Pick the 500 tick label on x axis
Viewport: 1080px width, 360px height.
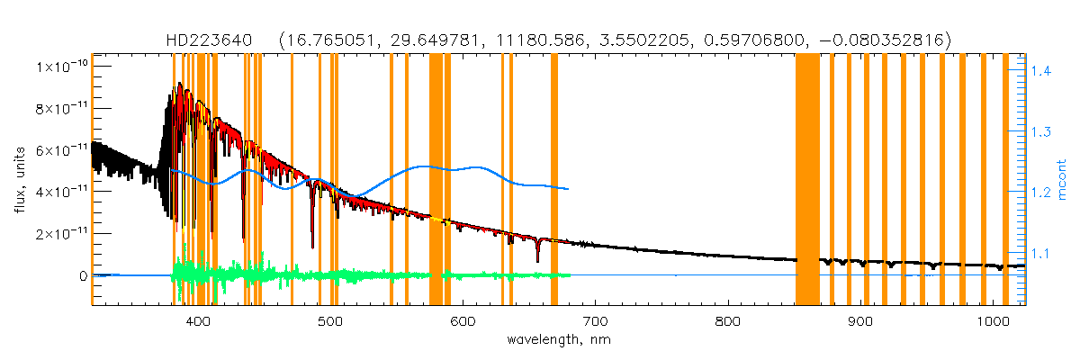click(330, 322)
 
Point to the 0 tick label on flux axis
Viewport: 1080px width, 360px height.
click(82, 275)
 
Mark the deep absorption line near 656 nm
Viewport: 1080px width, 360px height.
click(537, 256)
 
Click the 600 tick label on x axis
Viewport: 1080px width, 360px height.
click(463, 322)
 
